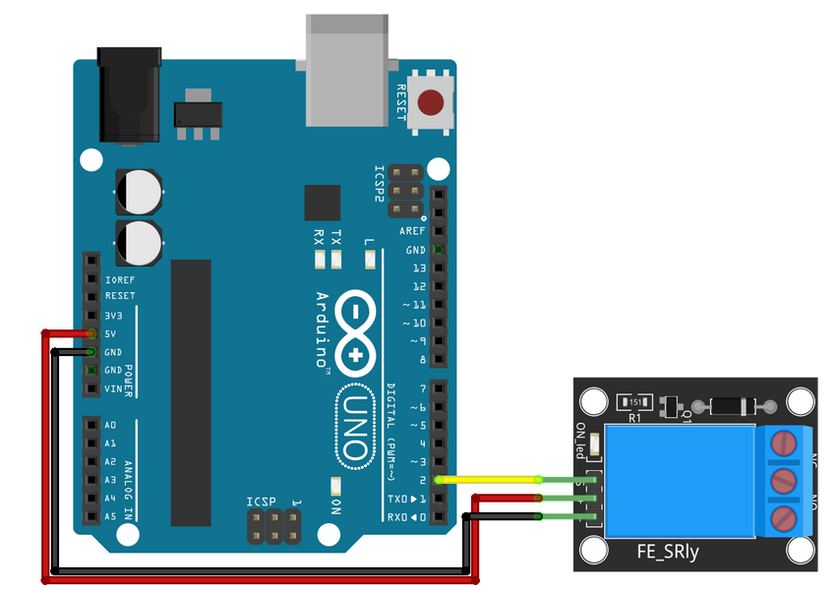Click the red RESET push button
tap(431, 102)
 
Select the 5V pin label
tap(112, 334)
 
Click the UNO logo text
tap(356, 425)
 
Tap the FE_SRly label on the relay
tap(668, 553)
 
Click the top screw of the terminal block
tap(784, 442)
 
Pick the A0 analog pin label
tap(110, 425)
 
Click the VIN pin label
tap(112, 388)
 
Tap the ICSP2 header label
tap(379, 184)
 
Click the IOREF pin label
tap(119, 279)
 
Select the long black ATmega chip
tap(191, 392)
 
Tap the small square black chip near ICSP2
tap(323, 202)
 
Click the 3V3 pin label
tap(113, 316)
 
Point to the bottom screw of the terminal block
tap(784, 517)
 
